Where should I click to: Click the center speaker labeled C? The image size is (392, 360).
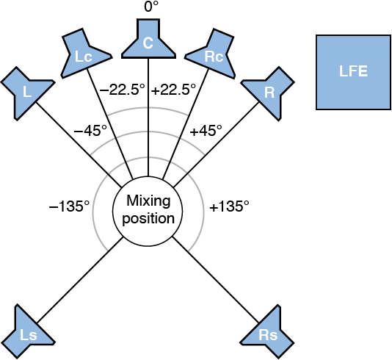pyautogui.click(x=148, y=42)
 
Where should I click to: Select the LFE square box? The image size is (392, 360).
pyautogui.click(x=352, y=72)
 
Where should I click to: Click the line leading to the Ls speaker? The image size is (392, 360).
pyautogui.click(x=81, y=279)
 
